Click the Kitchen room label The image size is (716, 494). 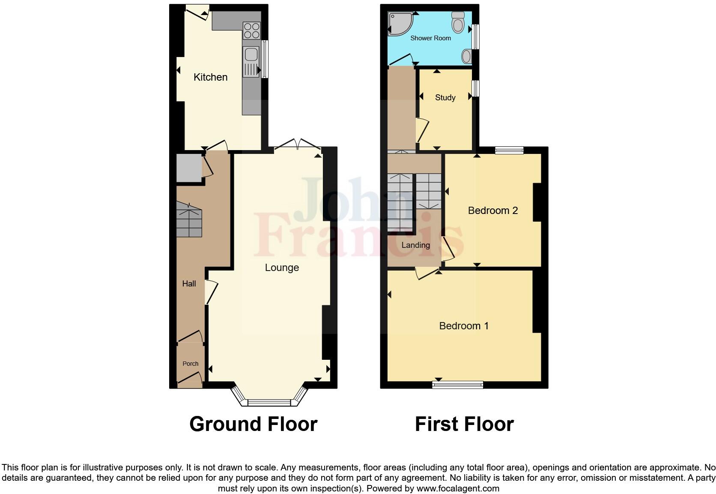click(x=210, y=77)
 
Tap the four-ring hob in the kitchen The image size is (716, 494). click(x=251, y=30)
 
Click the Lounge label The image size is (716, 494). click(x=282, y=268)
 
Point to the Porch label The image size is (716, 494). click(x=191, y=364)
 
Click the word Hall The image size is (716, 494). click(x=189, y=283)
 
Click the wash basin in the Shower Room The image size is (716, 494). click(x=467, y=56)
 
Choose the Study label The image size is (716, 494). click(x=445, y=98)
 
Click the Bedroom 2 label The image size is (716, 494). click(x=492, y=211)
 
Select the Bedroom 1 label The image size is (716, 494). click(x=464, y=326)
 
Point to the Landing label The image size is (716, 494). click(x=415, y=245)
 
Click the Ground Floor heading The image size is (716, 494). click(x=253, y=424)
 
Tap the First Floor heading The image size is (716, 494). click(x=464, y=424)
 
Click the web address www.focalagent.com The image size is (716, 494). click(x=458, y=488)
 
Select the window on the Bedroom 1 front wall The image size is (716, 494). click(x=458, y=384)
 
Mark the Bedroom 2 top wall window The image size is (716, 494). click(x=509, y=150)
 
